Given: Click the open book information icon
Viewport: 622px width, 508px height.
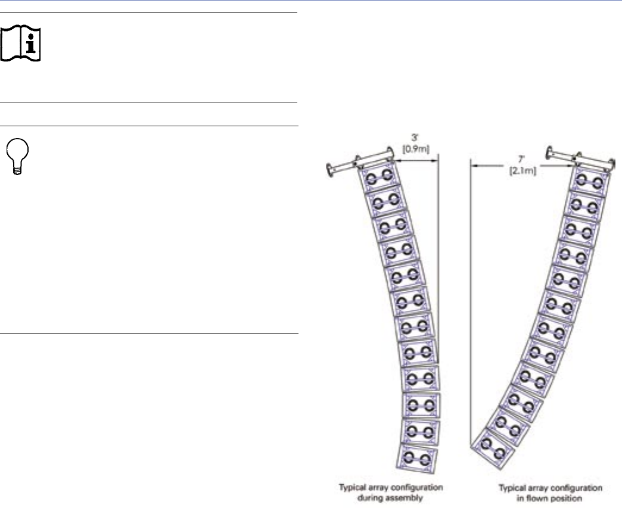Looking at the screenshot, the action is pyautogui.click(x=20, y=43).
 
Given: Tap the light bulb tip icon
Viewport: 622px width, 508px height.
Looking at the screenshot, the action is pyautogui.click(x=17, y=156).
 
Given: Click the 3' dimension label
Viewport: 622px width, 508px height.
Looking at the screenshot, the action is pyautogui.click(x=415, y=138).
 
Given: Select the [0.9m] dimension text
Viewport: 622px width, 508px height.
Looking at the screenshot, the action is pyautogui.click(x=416, y=149).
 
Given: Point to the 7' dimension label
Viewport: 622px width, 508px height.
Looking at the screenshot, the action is pyautogui.click(x=522, y=160).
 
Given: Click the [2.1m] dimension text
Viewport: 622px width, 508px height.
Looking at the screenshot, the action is pyautogui.click(x=523, y=171).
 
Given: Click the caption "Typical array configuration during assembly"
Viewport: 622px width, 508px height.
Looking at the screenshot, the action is pyautogui.click(x=390, y=492).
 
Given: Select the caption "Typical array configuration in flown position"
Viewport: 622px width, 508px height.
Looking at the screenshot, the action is pyautogui.click(x=550, y=493).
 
